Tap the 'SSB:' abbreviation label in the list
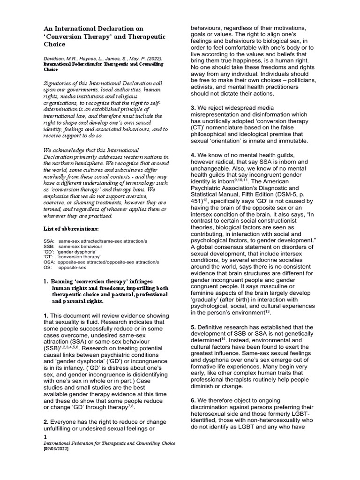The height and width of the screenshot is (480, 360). click(49, 246)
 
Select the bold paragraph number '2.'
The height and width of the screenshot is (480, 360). click(45, 422)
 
